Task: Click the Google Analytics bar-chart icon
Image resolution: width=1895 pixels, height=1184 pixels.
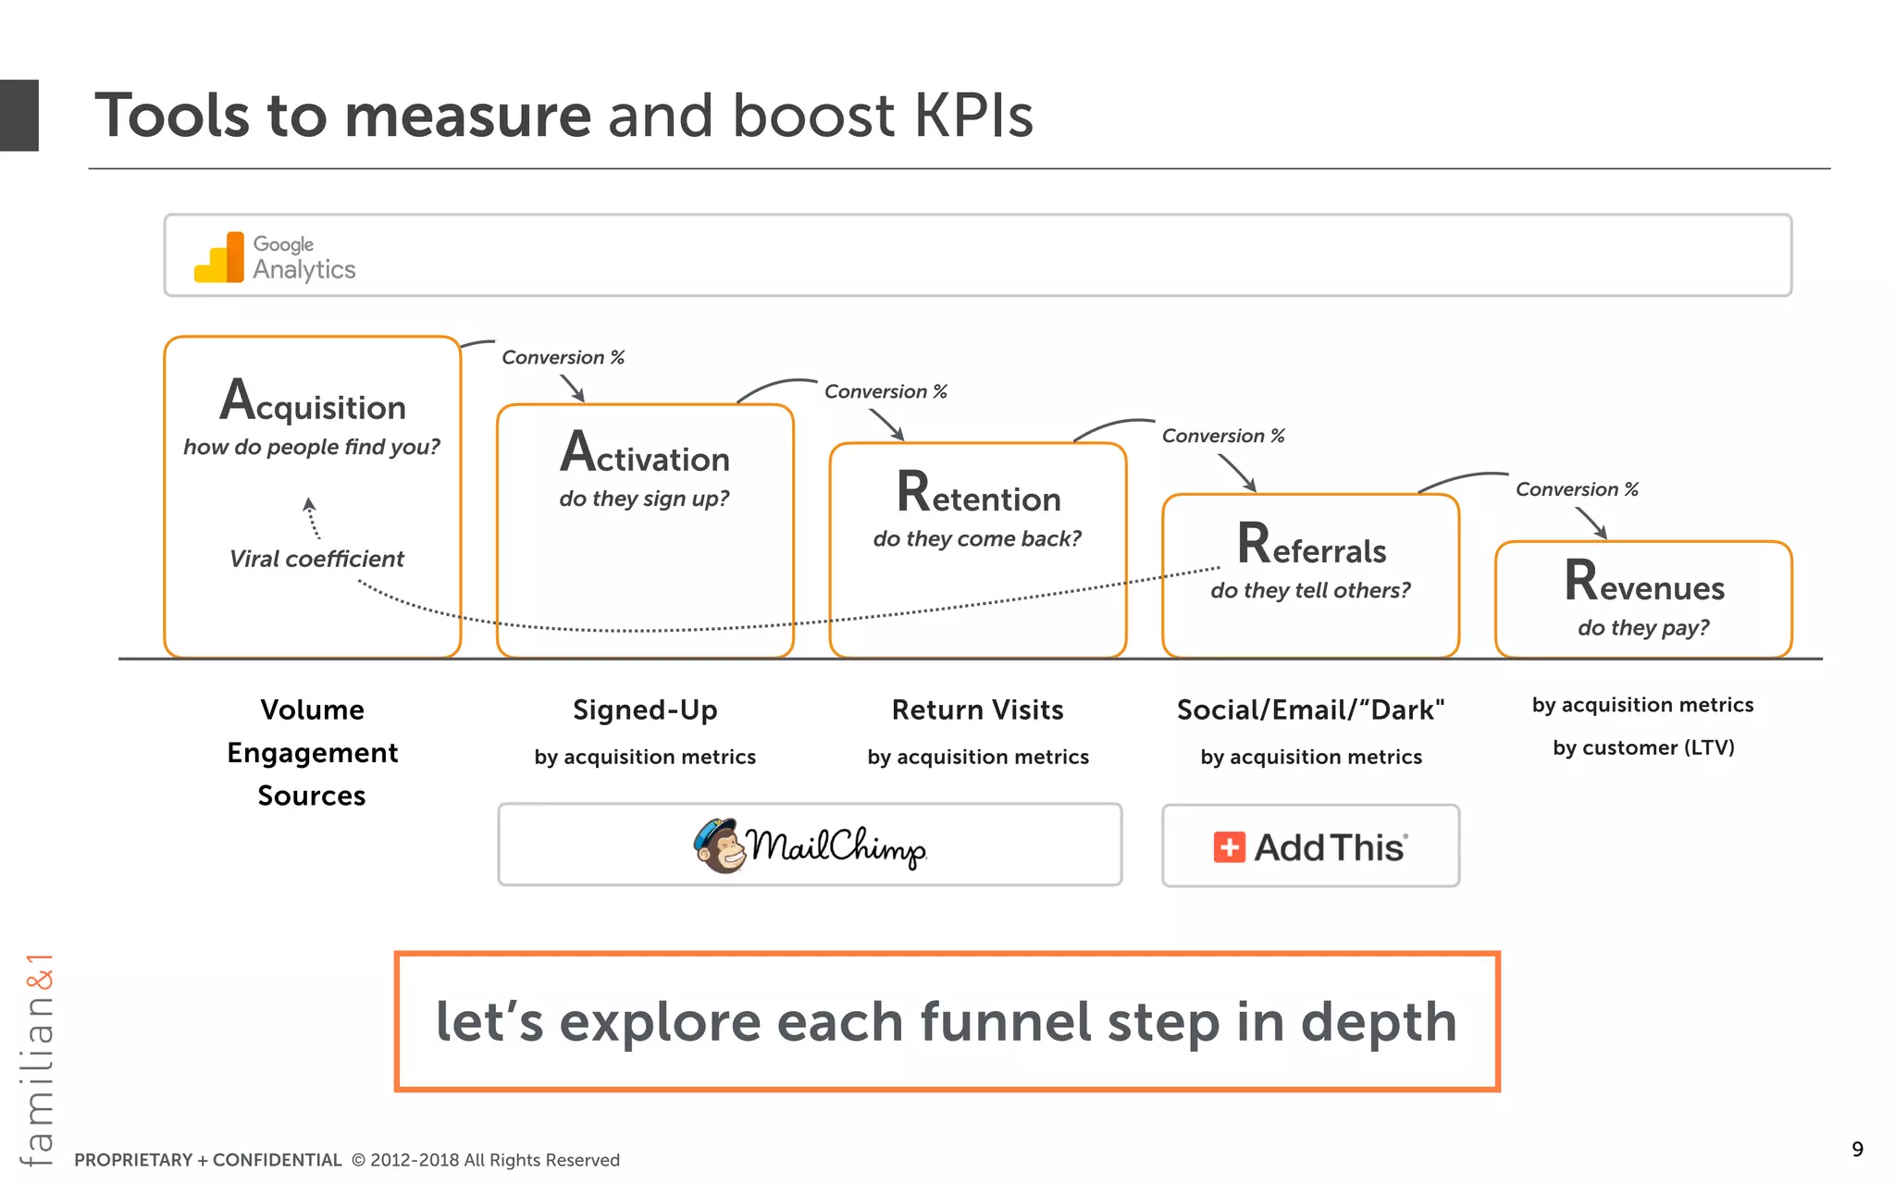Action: point(219,258)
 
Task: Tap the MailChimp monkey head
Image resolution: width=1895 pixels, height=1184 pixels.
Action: point(721,845)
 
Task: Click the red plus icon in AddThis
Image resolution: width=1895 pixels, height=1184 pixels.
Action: point(1229,847)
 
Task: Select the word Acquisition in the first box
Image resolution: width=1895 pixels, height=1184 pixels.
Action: point(313,402)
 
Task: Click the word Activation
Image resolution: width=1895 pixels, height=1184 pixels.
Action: point(645,454)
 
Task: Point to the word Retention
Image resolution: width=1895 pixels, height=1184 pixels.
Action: point(978,494)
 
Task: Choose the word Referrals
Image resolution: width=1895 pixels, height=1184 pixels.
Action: point(1311,546)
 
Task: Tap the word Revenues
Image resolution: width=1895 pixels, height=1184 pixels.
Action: point(1644,583)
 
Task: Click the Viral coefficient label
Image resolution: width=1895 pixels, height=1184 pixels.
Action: point(316,559)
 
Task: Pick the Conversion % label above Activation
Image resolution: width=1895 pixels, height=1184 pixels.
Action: point(563,357)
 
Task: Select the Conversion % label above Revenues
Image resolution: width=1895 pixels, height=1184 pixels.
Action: point(1577,489)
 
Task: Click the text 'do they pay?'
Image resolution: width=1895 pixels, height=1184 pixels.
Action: point(1643,628)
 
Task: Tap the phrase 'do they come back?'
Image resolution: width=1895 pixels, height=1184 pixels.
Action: point(977,538)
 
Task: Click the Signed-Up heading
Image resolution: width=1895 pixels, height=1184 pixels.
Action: point(645,709)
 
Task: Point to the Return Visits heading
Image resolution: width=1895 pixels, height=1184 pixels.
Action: point(977,709)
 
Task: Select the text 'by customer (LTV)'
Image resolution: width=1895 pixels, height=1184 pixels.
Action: point(1643,747)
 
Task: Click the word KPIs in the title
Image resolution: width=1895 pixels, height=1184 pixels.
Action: point(972,116)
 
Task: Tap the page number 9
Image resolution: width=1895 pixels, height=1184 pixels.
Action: point(1857,1150)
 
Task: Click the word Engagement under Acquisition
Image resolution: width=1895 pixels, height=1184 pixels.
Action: point(313,753)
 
